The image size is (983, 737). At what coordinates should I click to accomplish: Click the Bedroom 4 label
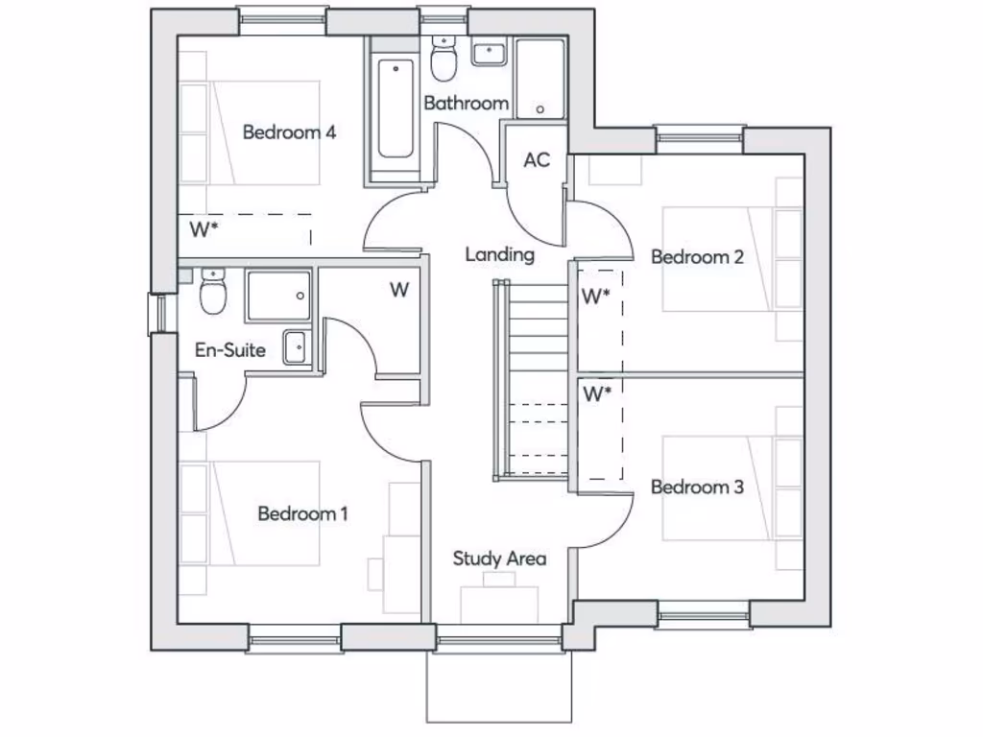coord(288,131)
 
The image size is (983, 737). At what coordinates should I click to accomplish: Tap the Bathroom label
coord(466,103)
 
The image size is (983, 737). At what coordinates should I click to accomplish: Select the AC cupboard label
coord(537,160)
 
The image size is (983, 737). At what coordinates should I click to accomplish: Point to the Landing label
coord(499,254)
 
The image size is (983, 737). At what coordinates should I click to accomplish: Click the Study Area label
coord(499,558)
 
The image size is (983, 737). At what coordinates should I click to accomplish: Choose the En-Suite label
coord(230,350)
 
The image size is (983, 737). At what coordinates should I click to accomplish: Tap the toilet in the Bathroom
coord(444,59)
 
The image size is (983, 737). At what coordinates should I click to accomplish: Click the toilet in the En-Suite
coord(212,292)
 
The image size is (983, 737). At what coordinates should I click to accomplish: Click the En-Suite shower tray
coord(278,295)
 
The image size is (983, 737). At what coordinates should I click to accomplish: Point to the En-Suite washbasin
coord(295,346)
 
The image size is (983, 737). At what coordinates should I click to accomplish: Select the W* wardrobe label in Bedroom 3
coord(597,393)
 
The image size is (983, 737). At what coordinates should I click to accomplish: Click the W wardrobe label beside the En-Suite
coord(399,290)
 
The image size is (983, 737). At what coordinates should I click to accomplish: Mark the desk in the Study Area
coord(499,603)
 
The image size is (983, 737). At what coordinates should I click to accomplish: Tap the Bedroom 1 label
coord(302,513)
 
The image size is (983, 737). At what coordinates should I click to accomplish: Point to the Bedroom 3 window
coord(704,614)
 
